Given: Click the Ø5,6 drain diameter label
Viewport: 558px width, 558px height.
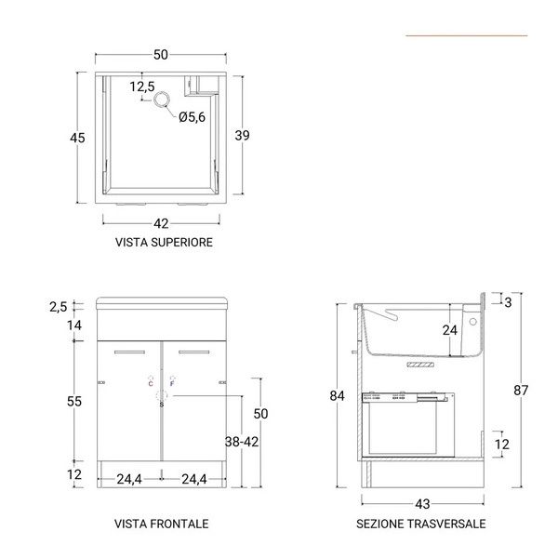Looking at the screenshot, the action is point(192,117).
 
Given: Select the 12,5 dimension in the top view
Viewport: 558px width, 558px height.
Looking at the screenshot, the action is point(142,86).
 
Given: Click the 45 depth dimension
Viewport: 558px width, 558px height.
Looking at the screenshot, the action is point(77,138).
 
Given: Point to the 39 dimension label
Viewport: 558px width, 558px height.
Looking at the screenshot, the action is point(242,135).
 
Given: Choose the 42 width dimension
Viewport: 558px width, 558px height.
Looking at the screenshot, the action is point(161,223).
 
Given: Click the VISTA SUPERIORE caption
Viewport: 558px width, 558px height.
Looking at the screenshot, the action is point(164,243).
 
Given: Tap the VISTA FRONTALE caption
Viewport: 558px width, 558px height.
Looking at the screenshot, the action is point(162,524).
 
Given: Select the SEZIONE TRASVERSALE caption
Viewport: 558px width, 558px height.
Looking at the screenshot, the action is point(421,524).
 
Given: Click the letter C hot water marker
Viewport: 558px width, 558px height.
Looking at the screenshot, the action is point(151,383).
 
